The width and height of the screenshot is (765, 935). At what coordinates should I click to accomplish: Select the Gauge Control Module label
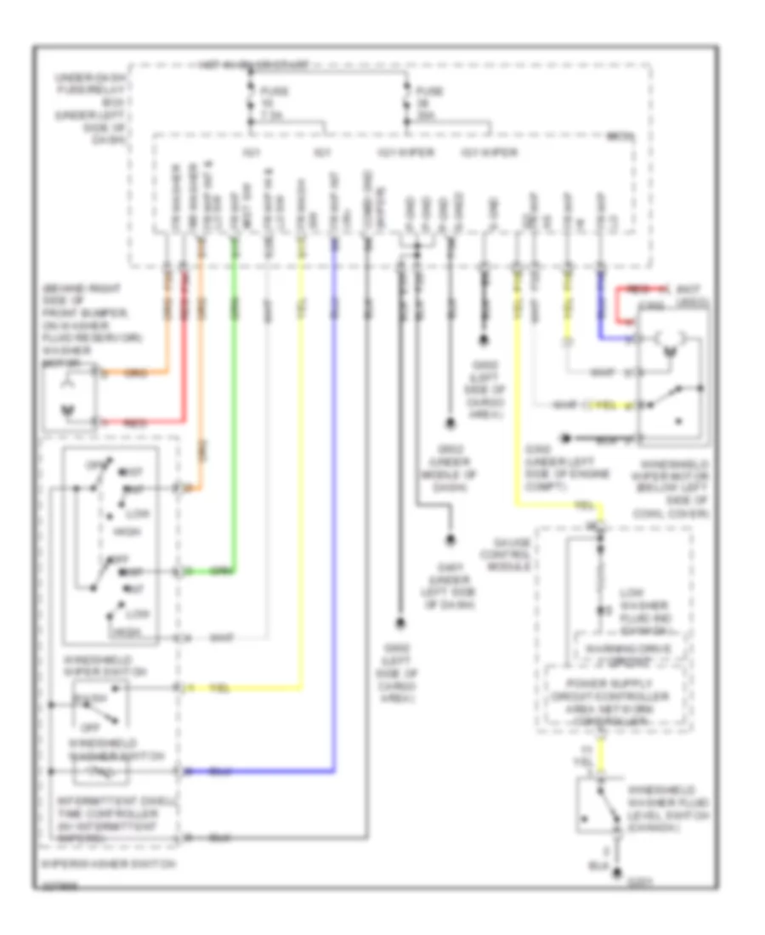(x=507, y=554)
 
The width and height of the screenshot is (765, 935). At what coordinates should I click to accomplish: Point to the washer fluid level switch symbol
(x=602, y=804)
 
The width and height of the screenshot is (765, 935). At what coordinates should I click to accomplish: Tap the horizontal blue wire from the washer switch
(x=255, y=772)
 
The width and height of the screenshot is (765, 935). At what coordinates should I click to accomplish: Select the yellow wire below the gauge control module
(x=603, y=753)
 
